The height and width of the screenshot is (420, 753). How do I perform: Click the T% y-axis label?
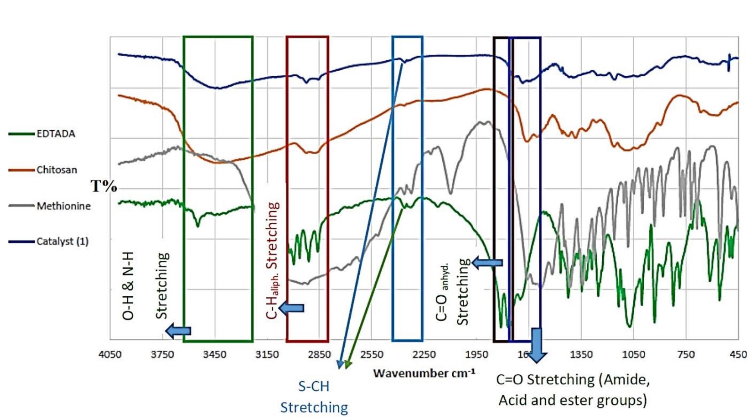pos(104,186)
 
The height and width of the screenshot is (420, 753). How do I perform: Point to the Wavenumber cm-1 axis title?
pos(424,373)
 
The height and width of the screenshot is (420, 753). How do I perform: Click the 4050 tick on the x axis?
pos(110,355)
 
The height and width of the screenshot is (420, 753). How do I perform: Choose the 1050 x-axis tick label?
pos(634,355)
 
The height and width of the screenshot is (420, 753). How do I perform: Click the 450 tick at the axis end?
pos(738,355)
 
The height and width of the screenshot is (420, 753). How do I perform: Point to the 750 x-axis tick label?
pos(686,355)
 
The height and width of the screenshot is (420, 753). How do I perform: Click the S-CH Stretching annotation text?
pos(314,397)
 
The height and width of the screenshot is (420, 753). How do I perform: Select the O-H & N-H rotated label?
pos(129,286)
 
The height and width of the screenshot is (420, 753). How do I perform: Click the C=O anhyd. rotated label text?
pos(443,292)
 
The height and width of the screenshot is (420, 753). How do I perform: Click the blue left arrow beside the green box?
pos(178,331)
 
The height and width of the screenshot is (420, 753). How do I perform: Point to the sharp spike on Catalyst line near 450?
pos(729,63)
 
